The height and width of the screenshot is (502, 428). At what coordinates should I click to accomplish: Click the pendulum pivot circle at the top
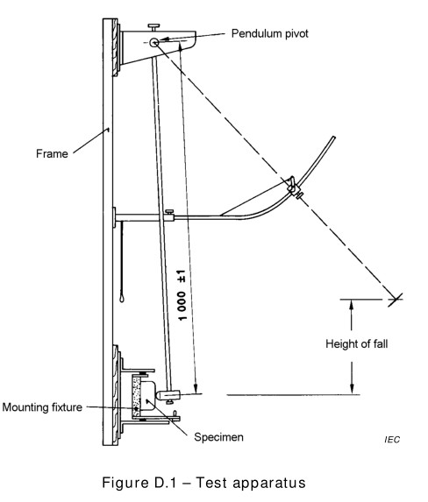click(x=154, y=42)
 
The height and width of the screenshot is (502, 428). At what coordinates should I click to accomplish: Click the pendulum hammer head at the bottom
click(x=170, y=397)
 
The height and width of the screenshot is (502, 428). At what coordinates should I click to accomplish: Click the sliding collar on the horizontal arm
click(x=168, y=213)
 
